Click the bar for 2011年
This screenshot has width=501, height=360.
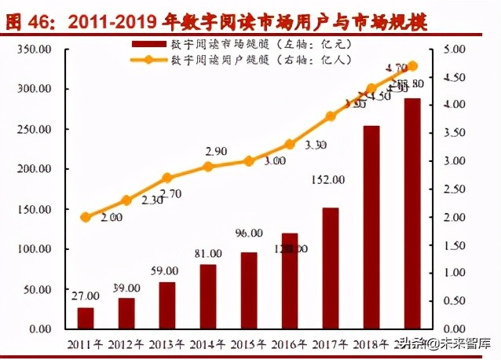coord(86,318)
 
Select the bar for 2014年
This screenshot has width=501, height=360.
coord(208,296)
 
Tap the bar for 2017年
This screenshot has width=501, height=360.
coord(331,268)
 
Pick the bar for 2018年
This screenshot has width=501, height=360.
coord(371,227)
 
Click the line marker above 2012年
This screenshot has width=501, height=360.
coord(126,200)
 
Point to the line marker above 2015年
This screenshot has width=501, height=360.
coord(249,160)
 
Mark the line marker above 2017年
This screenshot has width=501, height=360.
coord(331,116)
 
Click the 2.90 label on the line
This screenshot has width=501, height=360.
coord(217,150)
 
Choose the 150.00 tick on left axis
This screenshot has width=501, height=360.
coord(35,209)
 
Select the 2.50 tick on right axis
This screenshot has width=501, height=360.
coord(454,189)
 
